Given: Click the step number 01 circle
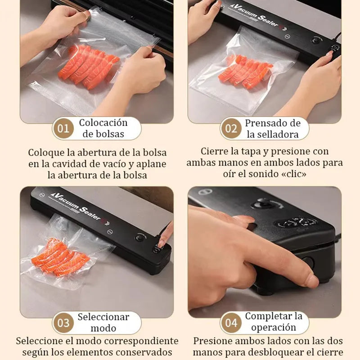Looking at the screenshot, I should click(63, 129).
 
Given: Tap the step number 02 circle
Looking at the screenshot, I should click(231, 129).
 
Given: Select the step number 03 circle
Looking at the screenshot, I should click(63, 323).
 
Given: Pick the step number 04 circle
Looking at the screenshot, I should click(231, 323).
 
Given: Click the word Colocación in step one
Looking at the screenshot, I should click(103, 123).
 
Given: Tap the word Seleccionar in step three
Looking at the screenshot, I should click(103, 317).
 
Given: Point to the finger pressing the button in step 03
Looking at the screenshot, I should click(165, 236).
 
